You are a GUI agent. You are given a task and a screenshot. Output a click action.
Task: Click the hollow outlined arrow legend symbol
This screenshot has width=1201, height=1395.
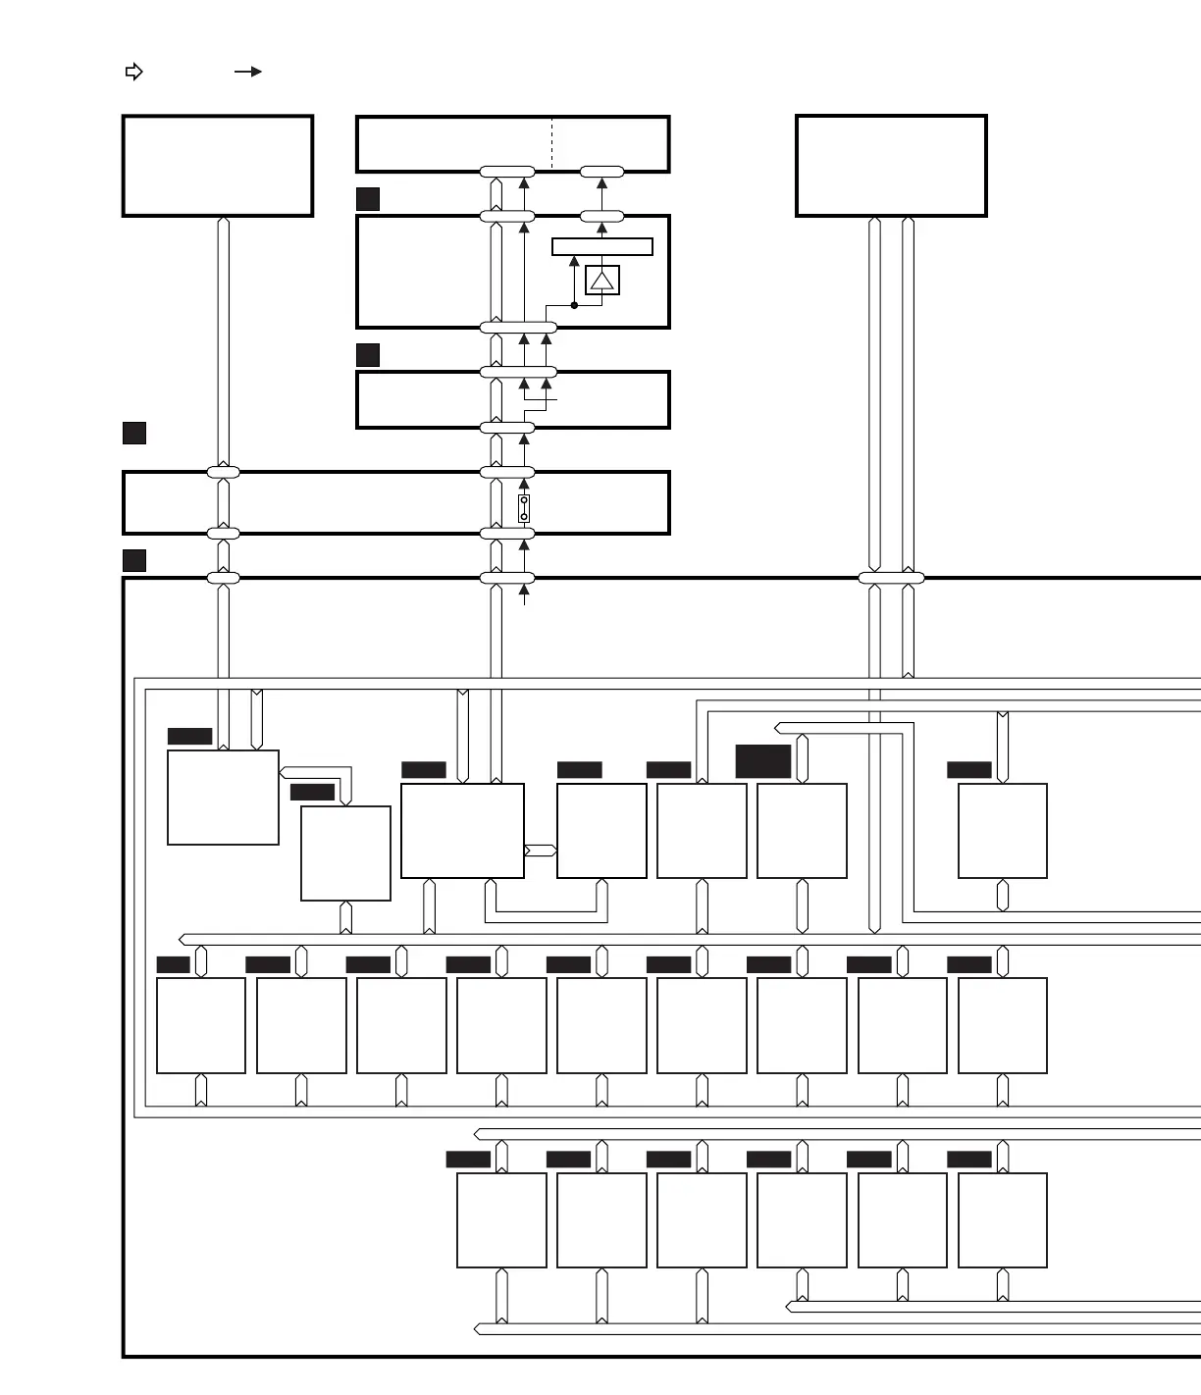134,72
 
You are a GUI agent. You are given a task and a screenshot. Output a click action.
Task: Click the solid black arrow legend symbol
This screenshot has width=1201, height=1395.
248,72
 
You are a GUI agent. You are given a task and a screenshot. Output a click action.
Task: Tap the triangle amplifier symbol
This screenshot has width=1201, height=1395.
601,281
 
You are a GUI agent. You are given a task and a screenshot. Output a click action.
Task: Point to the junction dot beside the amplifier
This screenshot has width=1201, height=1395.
574,305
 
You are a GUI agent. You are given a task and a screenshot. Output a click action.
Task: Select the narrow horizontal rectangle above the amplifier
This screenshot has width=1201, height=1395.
601,246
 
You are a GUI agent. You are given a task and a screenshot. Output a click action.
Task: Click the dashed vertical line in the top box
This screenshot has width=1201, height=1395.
552,144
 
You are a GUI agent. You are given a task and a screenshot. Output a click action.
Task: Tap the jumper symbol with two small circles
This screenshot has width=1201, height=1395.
524,508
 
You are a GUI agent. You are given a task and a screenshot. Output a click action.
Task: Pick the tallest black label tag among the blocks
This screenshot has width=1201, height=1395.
763,761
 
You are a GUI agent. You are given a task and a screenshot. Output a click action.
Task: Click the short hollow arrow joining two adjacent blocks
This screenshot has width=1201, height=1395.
541,850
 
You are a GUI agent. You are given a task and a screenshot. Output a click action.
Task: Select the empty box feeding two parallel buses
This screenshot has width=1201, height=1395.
891,166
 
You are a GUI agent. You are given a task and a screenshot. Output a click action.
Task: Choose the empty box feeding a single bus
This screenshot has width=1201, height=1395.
217,166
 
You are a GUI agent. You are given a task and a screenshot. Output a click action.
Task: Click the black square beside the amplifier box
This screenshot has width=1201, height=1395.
368,199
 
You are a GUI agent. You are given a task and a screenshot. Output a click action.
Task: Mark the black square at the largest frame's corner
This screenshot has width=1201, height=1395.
134,560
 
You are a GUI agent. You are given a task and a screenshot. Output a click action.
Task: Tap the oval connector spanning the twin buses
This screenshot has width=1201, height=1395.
891,578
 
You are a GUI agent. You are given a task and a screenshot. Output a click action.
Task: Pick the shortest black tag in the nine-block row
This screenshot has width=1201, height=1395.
174,964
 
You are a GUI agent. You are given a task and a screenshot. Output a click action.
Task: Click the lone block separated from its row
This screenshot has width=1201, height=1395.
1002,831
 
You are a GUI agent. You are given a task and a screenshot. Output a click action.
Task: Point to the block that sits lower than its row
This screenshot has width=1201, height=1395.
345,853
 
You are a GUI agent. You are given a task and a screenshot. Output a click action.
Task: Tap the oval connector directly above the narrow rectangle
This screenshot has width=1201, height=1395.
601,216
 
